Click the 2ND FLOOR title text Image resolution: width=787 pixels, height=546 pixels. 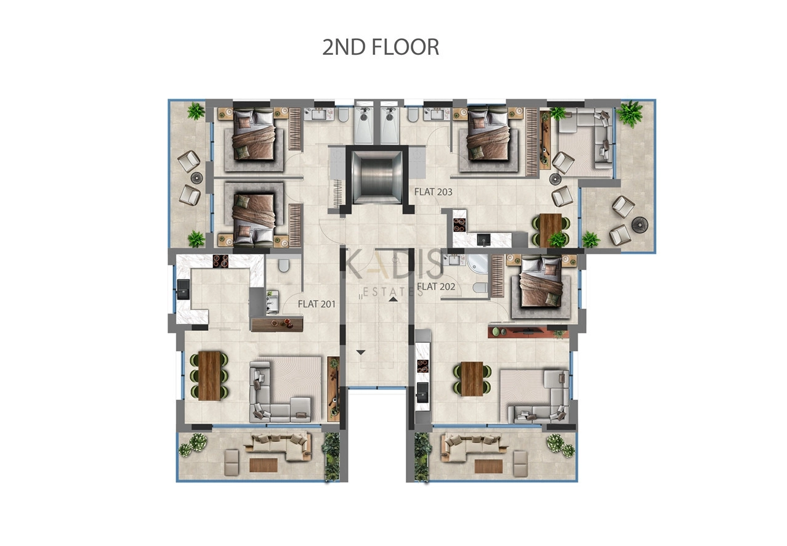(381, 47)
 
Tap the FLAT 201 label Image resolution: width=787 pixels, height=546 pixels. (317, 304)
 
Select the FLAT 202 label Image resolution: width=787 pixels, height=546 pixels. (436, 287)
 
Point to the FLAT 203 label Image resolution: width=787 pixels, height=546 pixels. (433, 192)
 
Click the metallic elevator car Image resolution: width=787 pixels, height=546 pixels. (377, 177)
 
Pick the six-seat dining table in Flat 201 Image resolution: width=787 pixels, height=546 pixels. (209, 375)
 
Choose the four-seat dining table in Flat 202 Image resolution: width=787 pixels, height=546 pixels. (472, 378)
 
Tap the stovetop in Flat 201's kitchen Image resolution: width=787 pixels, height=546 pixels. (220, 261)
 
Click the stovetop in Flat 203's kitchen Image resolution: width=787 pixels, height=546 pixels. (459, 225)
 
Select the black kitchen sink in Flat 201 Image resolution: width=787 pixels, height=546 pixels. (183, 289)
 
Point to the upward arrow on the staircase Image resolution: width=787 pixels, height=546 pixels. (393, 299)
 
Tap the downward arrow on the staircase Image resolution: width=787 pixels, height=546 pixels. (361, 352)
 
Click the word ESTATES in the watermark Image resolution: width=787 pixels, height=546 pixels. (393, 292)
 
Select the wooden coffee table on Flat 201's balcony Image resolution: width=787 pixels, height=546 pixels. (264, 465)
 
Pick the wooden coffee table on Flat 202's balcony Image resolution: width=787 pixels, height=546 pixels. (488, 467)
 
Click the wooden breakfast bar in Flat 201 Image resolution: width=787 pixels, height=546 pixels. (277, 324)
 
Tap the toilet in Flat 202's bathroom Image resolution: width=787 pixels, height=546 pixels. (480, 288)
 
